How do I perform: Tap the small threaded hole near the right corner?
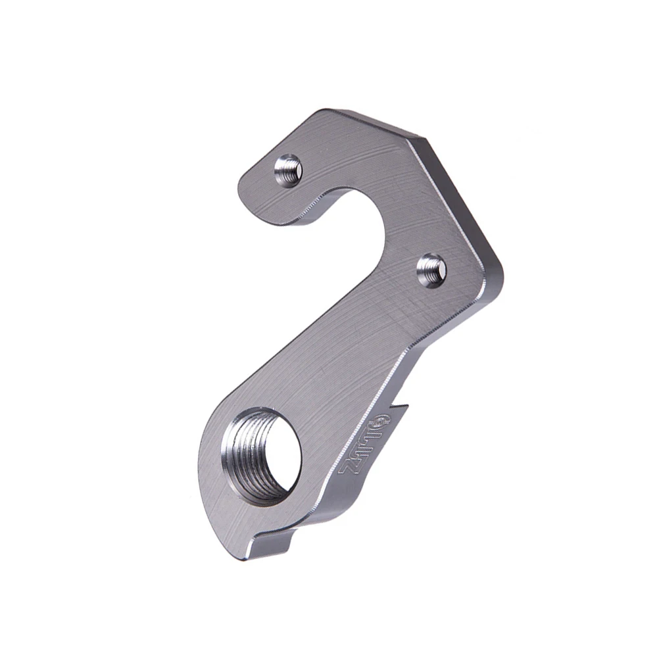tap(432, 269)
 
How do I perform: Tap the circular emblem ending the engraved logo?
tap(384, 422)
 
